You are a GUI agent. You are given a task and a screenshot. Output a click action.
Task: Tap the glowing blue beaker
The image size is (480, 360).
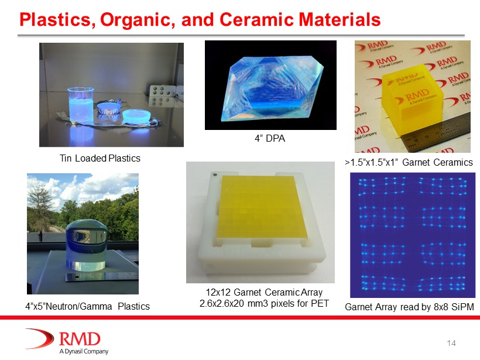[x=81, y=105]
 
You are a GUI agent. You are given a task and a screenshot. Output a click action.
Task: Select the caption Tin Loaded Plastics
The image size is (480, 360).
[x=100, y=158]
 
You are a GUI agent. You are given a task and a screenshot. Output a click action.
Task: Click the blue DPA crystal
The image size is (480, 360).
[x=271, y=89]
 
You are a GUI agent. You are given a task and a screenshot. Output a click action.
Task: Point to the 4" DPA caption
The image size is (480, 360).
[x=270, y=138]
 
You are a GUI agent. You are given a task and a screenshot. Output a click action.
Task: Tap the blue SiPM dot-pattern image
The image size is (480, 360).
[x=413, y=235]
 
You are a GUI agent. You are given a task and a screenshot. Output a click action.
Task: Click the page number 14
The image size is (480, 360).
[x=451, y=343]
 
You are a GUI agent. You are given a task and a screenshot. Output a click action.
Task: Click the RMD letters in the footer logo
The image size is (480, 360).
[x=80, y=339]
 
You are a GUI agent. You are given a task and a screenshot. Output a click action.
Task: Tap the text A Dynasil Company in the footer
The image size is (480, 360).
[x=84, y=351]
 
